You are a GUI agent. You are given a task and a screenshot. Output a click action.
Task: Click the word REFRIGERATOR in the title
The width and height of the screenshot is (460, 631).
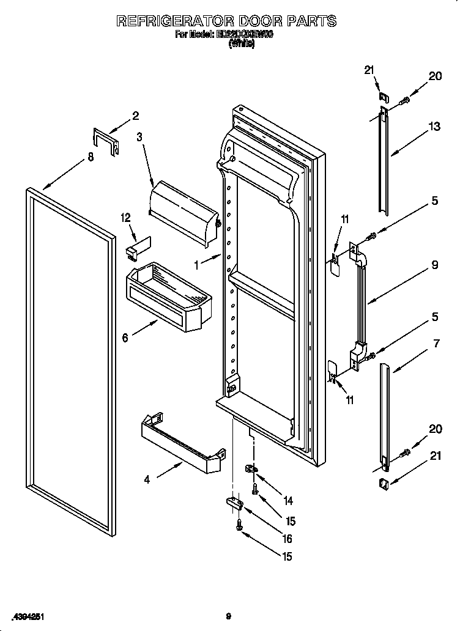[x=177, y=21]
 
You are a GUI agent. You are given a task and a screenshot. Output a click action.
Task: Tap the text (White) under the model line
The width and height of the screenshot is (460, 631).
[x=240, y=44]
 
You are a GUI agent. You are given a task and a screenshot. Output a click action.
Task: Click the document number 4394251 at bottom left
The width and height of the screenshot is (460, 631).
[x=26, y=616]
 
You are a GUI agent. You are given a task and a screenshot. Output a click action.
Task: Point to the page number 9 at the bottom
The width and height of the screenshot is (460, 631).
[x=228, y=616]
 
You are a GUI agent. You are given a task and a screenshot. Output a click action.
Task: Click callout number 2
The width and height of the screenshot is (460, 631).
[x=135, y=116]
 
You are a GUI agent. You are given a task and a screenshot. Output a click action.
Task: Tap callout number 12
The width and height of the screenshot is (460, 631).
[x=125, y=218]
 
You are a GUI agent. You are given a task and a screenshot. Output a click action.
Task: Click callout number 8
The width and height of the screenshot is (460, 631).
[x=91, y=157]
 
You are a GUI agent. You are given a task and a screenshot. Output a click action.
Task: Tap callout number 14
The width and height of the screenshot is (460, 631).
[x=287, y=501]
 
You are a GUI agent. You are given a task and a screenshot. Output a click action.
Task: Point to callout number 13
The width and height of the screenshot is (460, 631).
[x=434, y=127]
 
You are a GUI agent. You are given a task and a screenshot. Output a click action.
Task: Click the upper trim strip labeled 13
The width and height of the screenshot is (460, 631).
[x=382, y=162]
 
